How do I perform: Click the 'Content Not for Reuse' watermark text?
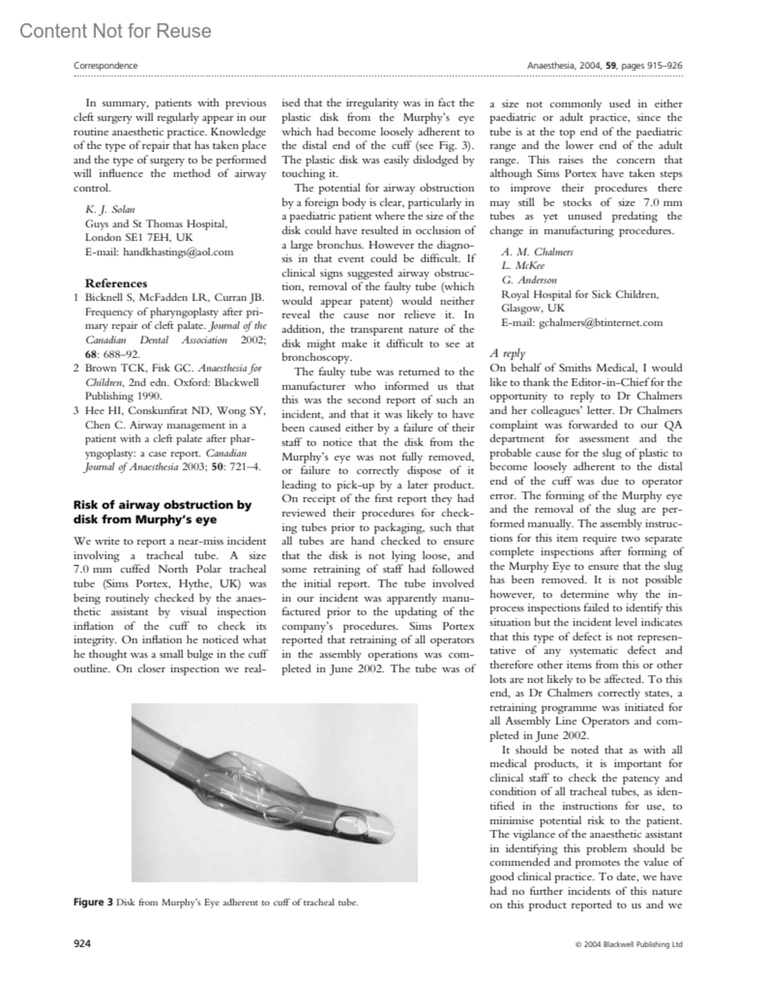pyautogui.click(x=115, y=31)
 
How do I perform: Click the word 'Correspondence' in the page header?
pyautogui.click(x=105, y=65)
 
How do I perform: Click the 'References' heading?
pyautogui.click(x=116, y=283)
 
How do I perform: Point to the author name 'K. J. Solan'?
pyautogui.click(x=110, y=210)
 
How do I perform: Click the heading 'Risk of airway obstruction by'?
pyautogui.click(x=162, y=505)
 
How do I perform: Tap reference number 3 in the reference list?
pyautogui.click(x=77, y=411)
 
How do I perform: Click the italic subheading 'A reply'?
pyautogui.click(x=507, y=353)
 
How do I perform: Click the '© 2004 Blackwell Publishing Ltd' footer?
pyautogui.click(x=629, y=944)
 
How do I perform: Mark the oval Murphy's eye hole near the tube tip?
pyautogui.click(x=352, y=817)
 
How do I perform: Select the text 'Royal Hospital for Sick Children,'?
pyautogui.click(x=580, y=295)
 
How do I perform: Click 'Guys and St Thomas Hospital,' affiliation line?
pyautogui.click(x=156, y=224)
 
